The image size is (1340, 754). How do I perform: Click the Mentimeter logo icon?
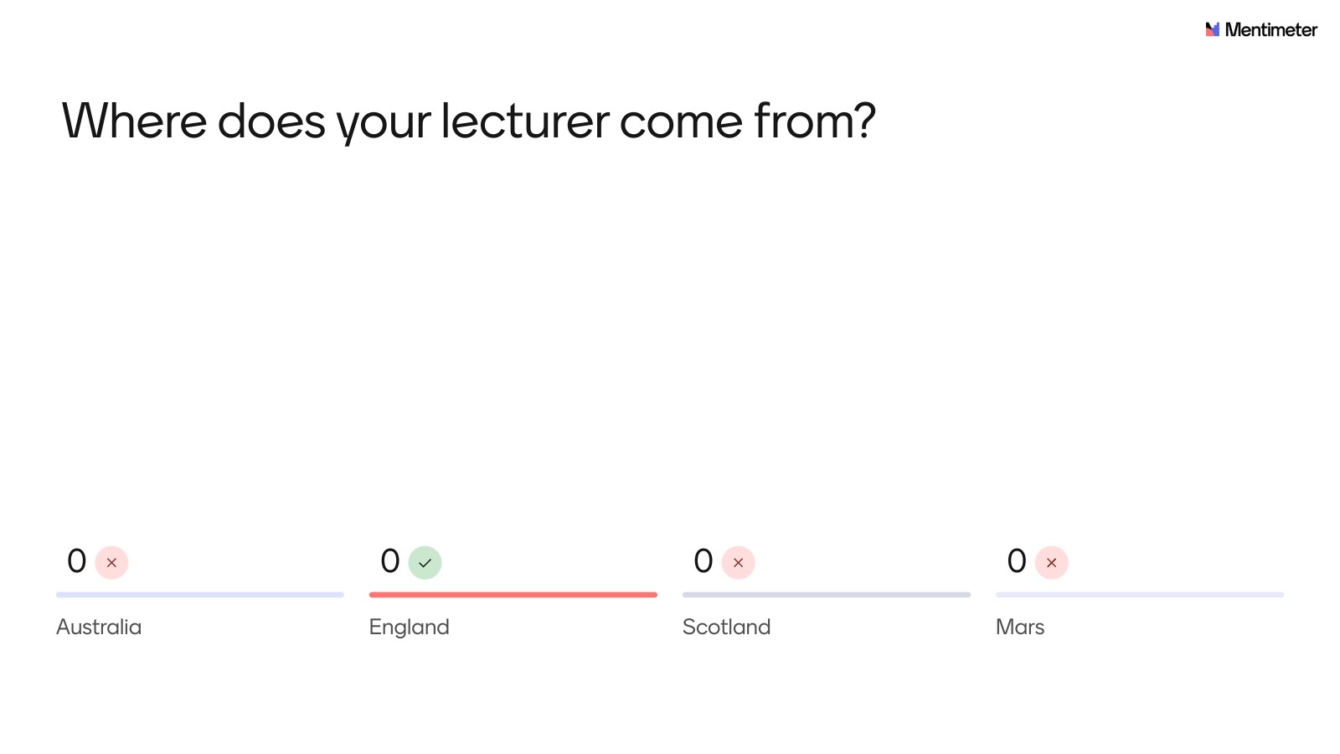pos(1212,29)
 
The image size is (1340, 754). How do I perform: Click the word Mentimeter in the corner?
pos(1270,29)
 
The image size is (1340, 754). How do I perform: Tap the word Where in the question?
pos(134,121)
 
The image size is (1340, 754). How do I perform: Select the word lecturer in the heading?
pos(525,121)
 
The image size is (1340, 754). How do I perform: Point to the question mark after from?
pos(864,121)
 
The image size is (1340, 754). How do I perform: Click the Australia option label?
pos(99,627)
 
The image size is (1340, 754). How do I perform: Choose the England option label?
pos(410,628)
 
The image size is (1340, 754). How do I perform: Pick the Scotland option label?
pos(726,627)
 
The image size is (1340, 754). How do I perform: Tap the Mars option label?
pos(1020,627)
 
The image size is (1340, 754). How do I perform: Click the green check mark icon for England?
pos(425,562)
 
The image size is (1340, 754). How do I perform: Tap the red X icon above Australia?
pos(111,562)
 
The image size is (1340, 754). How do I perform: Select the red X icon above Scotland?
pos(738,562)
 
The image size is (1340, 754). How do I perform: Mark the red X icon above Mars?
pos(1052,562)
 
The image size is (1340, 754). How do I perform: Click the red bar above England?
pos(513,595)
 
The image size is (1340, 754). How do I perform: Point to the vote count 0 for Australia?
pos(76,561)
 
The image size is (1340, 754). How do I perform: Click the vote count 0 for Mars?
pos(1017,561)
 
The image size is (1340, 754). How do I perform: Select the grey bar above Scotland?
pos(827,595)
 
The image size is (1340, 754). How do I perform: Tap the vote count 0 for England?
pos(390,561)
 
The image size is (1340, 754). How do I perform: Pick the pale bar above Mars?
pos(1140,595)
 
